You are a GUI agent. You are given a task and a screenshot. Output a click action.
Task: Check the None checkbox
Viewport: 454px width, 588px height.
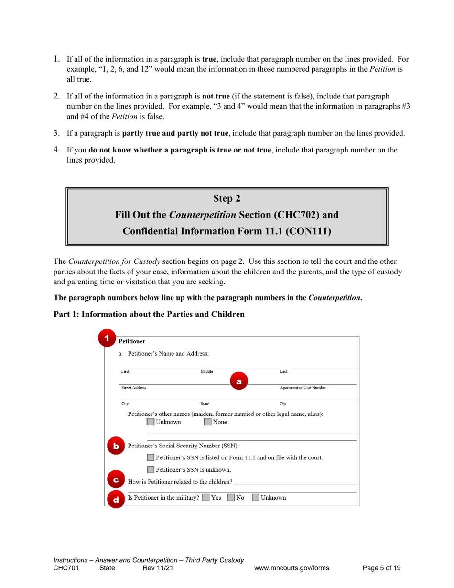(208, 422)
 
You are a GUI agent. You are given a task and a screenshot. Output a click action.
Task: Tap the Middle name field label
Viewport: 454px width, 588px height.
(206, 371)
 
